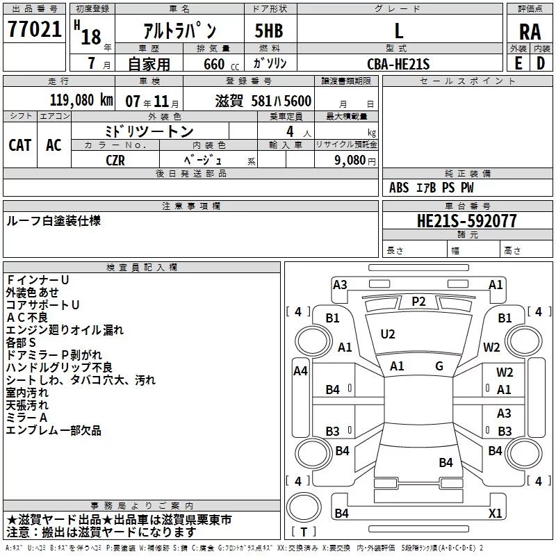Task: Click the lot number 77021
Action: coord(35,30)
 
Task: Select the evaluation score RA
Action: coord(530,32)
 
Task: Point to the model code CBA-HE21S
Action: coord(398,64)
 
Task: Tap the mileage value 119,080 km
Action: coord(81,100)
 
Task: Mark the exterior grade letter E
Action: coord(518,63)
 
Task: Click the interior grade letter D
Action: coord(541,63)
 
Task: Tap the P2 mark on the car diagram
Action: coord(418,301)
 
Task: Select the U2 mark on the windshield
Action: coord(387,334)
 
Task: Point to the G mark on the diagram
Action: coord(439,366)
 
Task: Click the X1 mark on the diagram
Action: coord(495,513)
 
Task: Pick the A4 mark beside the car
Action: coord(300,371)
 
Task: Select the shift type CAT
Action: coord(20,145)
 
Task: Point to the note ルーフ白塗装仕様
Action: coord(54,221)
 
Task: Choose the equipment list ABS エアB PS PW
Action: coord(432,188)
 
